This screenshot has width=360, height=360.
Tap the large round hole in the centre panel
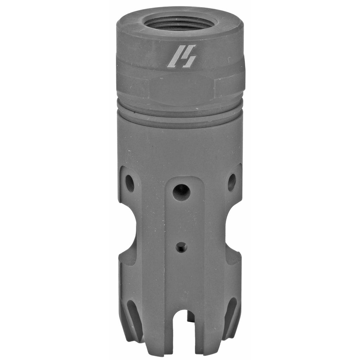click(x=181, y=192)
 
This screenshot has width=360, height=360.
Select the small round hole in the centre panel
click(x=181, y=247)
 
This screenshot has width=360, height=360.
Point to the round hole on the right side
click(x=232, y=182)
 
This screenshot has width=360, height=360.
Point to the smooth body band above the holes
click(x=180, y=144)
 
